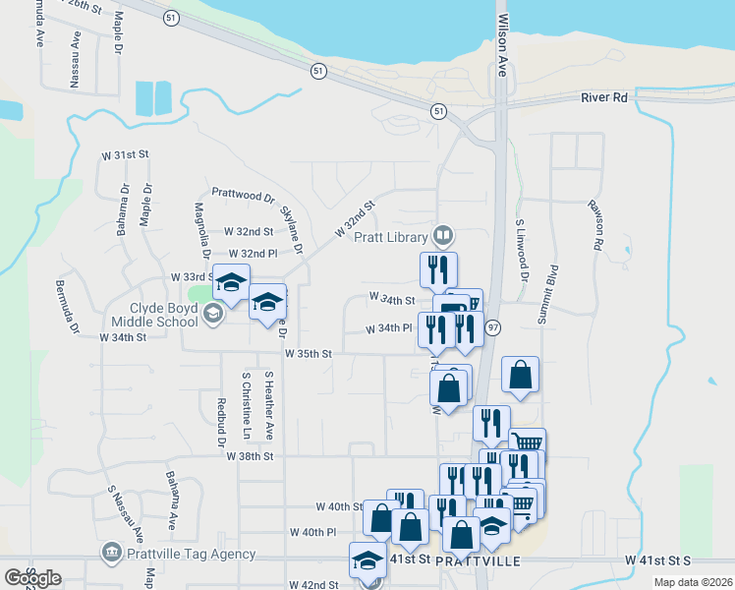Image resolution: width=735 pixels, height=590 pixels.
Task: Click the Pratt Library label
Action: pos(391,237)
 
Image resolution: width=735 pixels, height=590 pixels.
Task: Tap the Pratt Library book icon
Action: pos(443,236)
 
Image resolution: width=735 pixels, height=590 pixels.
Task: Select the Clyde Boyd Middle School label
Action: pos(154,315)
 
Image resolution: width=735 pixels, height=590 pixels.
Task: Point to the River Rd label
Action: pos(603,97)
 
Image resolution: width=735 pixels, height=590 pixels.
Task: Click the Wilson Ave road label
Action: pos(503,44)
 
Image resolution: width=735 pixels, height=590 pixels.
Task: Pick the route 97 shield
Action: pos(492,327)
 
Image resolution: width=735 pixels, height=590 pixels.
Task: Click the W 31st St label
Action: pos(131,155)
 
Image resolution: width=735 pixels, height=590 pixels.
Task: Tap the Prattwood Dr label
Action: pos(243,197)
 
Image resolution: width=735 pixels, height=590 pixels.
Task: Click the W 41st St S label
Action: pos(657,560)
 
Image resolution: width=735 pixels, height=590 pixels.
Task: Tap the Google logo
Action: pos(32,578)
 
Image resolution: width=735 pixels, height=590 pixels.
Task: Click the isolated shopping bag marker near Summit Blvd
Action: pos(520,375)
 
